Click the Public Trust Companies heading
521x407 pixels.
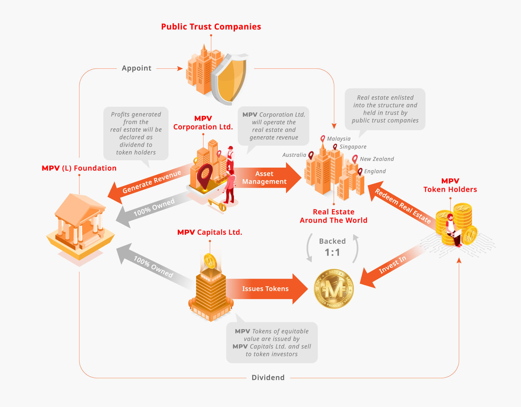click(211, 27)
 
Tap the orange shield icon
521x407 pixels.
click(231, 79)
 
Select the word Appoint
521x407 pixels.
click(136, 68)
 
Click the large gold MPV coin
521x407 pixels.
click(334, 289)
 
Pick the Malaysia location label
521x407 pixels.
click(339, 139)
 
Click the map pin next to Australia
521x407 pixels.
click(311, 155)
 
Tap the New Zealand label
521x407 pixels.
click(377, 159)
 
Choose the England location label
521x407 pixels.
click(375, 171)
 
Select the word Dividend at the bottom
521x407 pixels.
click(268, 377)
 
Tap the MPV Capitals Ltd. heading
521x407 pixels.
click(209, 232)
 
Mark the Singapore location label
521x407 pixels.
click(353, 147)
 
